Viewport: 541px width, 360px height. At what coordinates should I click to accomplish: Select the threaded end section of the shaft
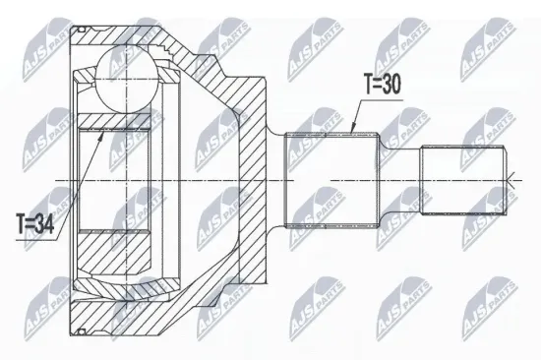[x=462, y=179]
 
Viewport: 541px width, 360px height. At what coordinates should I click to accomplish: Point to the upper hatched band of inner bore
[x=112, y=123]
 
